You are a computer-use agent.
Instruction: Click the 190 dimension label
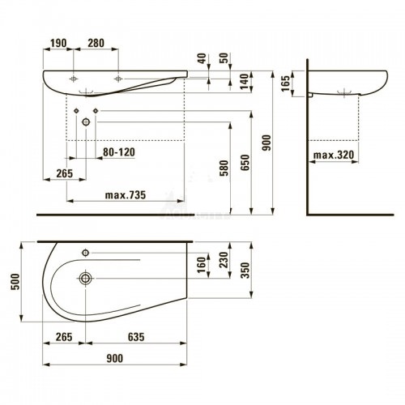coord(58,43)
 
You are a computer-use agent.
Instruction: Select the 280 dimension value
coord(96,43)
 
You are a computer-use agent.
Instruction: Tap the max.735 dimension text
coord(126,194)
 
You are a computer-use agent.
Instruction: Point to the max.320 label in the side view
coord(334,155)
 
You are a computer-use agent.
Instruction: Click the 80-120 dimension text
coord(119,152)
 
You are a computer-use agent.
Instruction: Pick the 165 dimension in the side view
coord(285,83)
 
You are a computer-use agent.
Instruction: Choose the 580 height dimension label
coord(224,168)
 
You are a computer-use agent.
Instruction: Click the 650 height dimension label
coord(245,162)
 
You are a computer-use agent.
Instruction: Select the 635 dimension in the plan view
coord(136,337)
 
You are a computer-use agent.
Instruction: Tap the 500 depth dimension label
coord(15,282)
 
